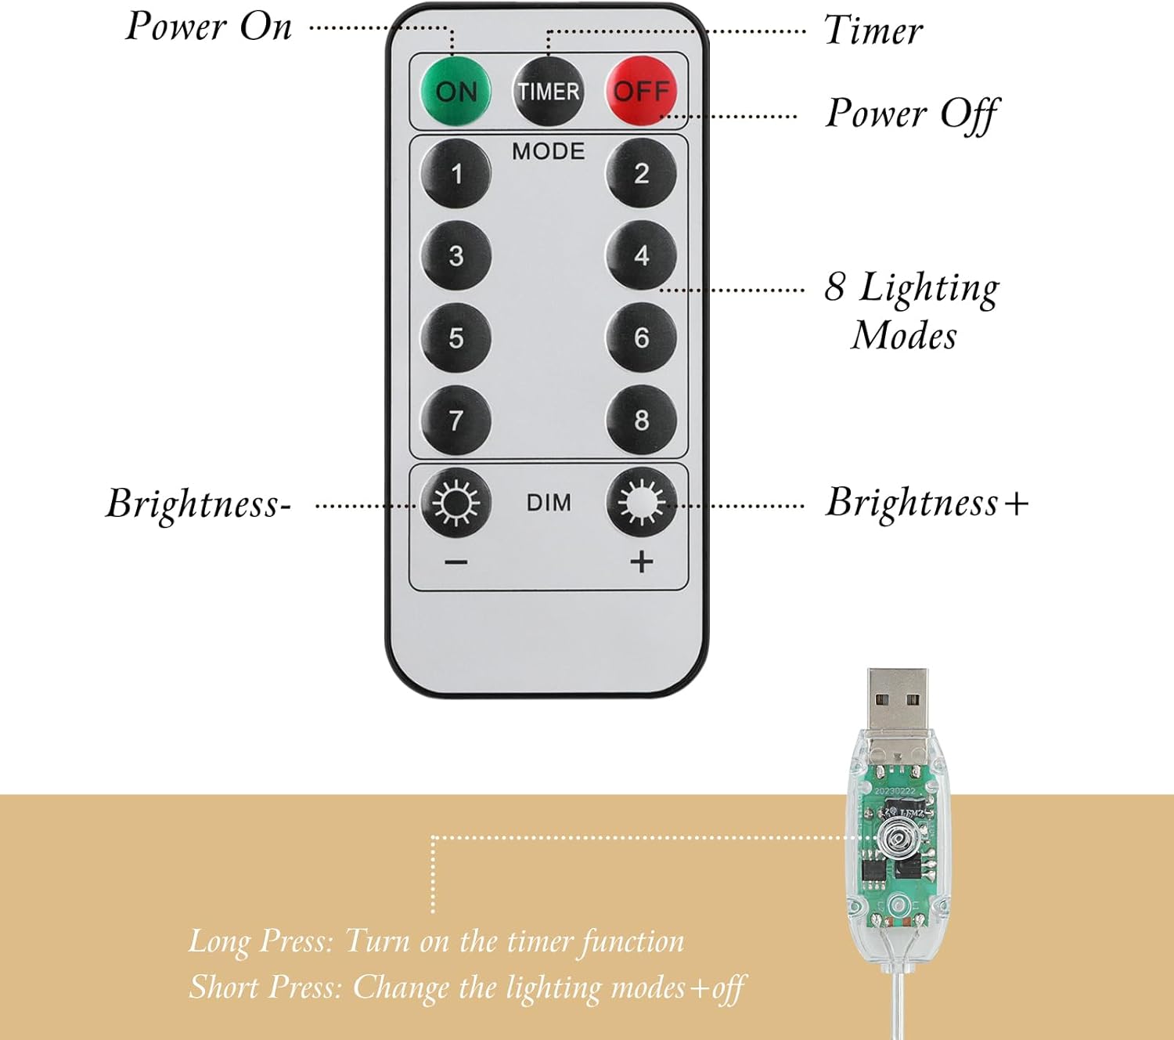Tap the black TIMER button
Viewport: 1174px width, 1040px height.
(548, 92)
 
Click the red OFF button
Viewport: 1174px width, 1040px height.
(641, 91)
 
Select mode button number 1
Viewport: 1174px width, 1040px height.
(456, 173)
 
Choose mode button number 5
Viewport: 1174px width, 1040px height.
(456, 338)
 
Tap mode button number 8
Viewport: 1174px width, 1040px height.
(641, 420)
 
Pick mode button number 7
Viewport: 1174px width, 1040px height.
(456, 421)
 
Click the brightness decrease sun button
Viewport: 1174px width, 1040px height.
(456, 503)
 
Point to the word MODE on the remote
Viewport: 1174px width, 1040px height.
(548, 151)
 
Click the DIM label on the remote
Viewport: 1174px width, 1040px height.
(548, 503)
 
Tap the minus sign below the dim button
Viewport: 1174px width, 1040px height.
(456, 562)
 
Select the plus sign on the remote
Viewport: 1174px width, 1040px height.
(641, 562)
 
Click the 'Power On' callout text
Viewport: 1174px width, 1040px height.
(208, 27)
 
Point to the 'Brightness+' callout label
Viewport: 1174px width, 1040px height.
(927, 503)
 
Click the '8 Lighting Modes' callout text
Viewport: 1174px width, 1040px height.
(912, 311)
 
